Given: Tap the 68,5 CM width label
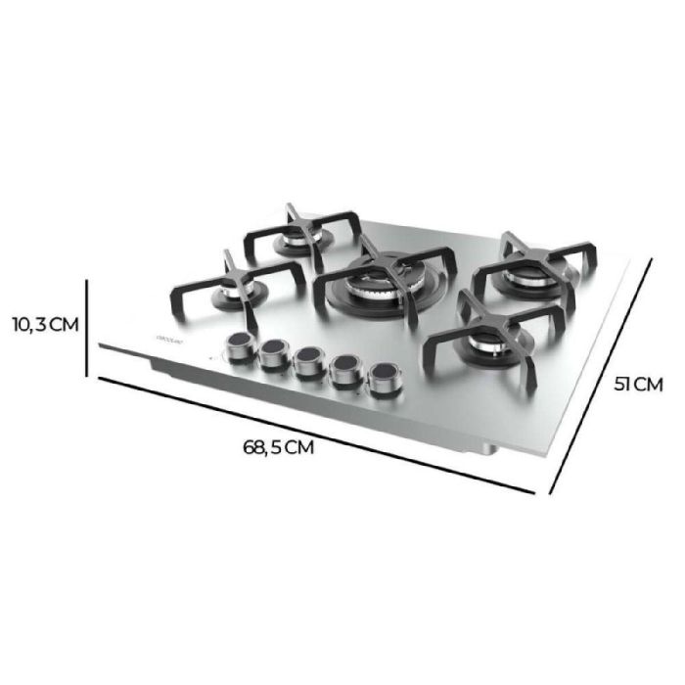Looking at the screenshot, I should click(x=279, y=448).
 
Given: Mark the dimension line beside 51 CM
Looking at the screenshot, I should click(x=601, y=377).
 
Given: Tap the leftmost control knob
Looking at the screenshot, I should click(x=238, y=345).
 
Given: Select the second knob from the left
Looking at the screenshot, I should click(x=274, y=353).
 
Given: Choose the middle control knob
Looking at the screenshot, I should click(x=309, y=361).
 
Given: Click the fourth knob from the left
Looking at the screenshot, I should click(x=344, y=369).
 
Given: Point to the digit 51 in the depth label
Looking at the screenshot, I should click(x=622, y=384).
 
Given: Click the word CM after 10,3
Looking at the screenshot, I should click(x=61, y=325).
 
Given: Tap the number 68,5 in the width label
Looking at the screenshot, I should click(x=263, y=448).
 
